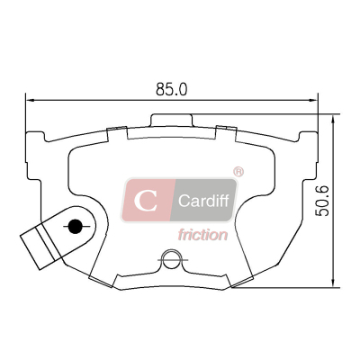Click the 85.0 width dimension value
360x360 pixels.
171,89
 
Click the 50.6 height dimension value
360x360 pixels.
322,201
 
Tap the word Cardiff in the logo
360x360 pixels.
203,201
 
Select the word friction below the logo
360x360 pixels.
202,235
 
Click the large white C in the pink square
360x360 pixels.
146,201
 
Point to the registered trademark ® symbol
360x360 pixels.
238,172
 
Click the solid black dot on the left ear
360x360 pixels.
76,226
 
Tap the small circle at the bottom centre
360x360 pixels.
172,259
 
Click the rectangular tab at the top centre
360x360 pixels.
171,120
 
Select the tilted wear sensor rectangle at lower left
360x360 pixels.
40,247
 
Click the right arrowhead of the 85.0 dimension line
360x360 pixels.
313,100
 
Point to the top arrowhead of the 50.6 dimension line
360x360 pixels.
332,121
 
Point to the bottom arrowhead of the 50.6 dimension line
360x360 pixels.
332,283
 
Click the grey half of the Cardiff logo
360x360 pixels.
204,200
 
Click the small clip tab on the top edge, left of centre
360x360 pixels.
116,129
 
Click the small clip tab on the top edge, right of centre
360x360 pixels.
227,128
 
